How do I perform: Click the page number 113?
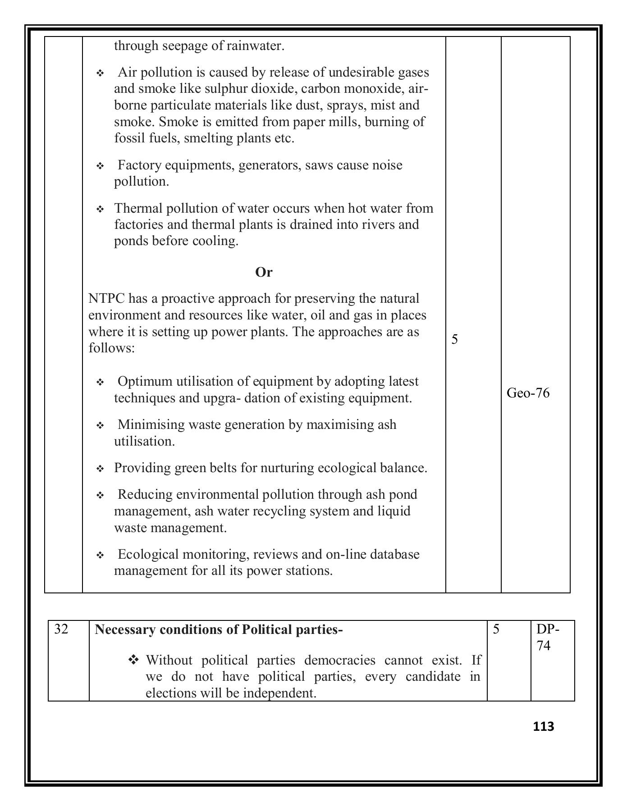point(543,726)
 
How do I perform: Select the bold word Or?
point(264,272)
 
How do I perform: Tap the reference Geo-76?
point(528,393)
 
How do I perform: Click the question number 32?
point(61,629)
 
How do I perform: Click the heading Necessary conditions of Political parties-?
point(219,629)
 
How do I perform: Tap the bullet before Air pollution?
point(100,73)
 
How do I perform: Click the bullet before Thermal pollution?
point(100,210)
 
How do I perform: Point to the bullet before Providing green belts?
point(100,469)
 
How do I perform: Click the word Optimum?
point(145,382)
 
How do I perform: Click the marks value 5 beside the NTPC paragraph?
point(454,339)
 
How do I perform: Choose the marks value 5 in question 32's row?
point(496,629)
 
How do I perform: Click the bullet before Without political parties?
point(134,660)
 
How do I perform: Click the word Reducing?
point(145,495)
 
